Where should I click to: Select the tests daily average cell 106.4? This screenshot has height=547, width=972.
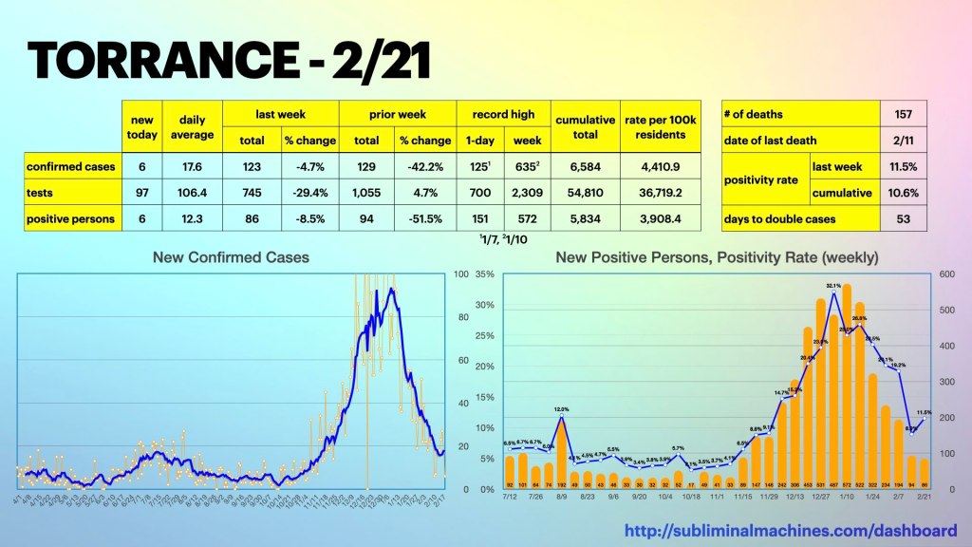point(193,192)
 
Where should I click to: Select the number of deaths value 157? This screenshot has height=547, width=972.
point(902,114)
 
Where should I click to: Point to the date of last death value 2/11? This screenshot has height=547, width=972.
point(902,140)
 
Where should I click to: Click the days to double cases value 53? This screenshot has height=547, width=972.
point(902,218)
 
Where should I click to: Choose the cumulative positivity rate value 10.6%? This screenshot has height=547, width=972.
point(902,192)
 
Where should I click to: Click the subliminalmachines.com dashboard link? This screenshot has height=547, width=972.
point(790,530)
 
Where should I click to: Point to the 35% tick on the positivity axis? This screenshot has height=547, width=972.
point(484,275)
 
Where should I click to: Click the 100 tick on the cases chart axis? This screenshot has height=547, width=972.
point(462,275)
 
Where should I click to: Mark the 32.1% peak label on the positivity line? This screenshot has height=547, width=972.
point(833,285)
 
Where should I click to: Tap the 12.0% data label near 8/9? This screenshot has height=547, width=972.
point(561,408)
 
